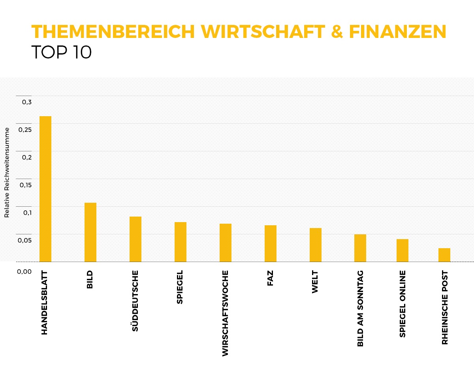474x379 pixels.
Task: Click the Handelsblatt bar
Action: click(45, 189)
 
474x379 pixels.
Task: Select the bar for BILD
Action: click(90, 232)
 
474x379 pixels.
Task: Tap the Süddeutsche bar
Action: click(135, 239)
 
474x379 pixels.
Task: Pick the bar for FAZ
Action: click(271, 243)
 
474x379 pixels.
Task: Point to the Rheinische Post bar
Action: click(444, 255)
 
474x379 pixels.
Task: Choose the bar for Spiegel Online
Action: click(403, 250)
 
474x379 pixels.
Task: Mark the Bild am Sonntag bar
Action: click(360, 248)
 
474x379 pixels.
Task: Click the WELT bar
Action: click(316, 245)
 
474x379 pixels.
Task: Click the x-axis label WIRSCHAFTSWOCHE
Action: click(225, 313)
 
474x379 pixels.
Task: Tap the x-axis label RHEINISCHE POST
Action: click(445, 307)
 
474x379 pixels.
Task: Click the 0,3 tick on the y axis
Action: click(26, 102)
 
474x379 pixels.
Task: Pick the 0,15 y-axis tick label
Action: click(25, 185)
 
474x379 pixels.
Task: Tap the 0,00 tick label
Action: click(24, 272)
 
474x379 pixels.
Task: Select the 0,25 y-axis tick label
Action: click(25, 130)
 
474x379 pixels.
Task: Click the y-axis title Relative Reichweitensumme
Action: click(7, 172)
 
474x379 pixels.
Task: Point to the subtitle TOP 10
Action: click(61, 52)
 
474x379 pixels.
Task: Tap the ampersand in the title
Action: click(337, 32)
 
